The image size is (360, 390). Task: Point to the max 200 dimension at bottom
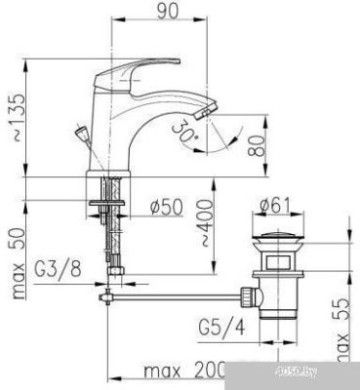tap(180, 371)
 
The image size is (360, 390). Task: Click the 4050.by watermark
tap(327, 371)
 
